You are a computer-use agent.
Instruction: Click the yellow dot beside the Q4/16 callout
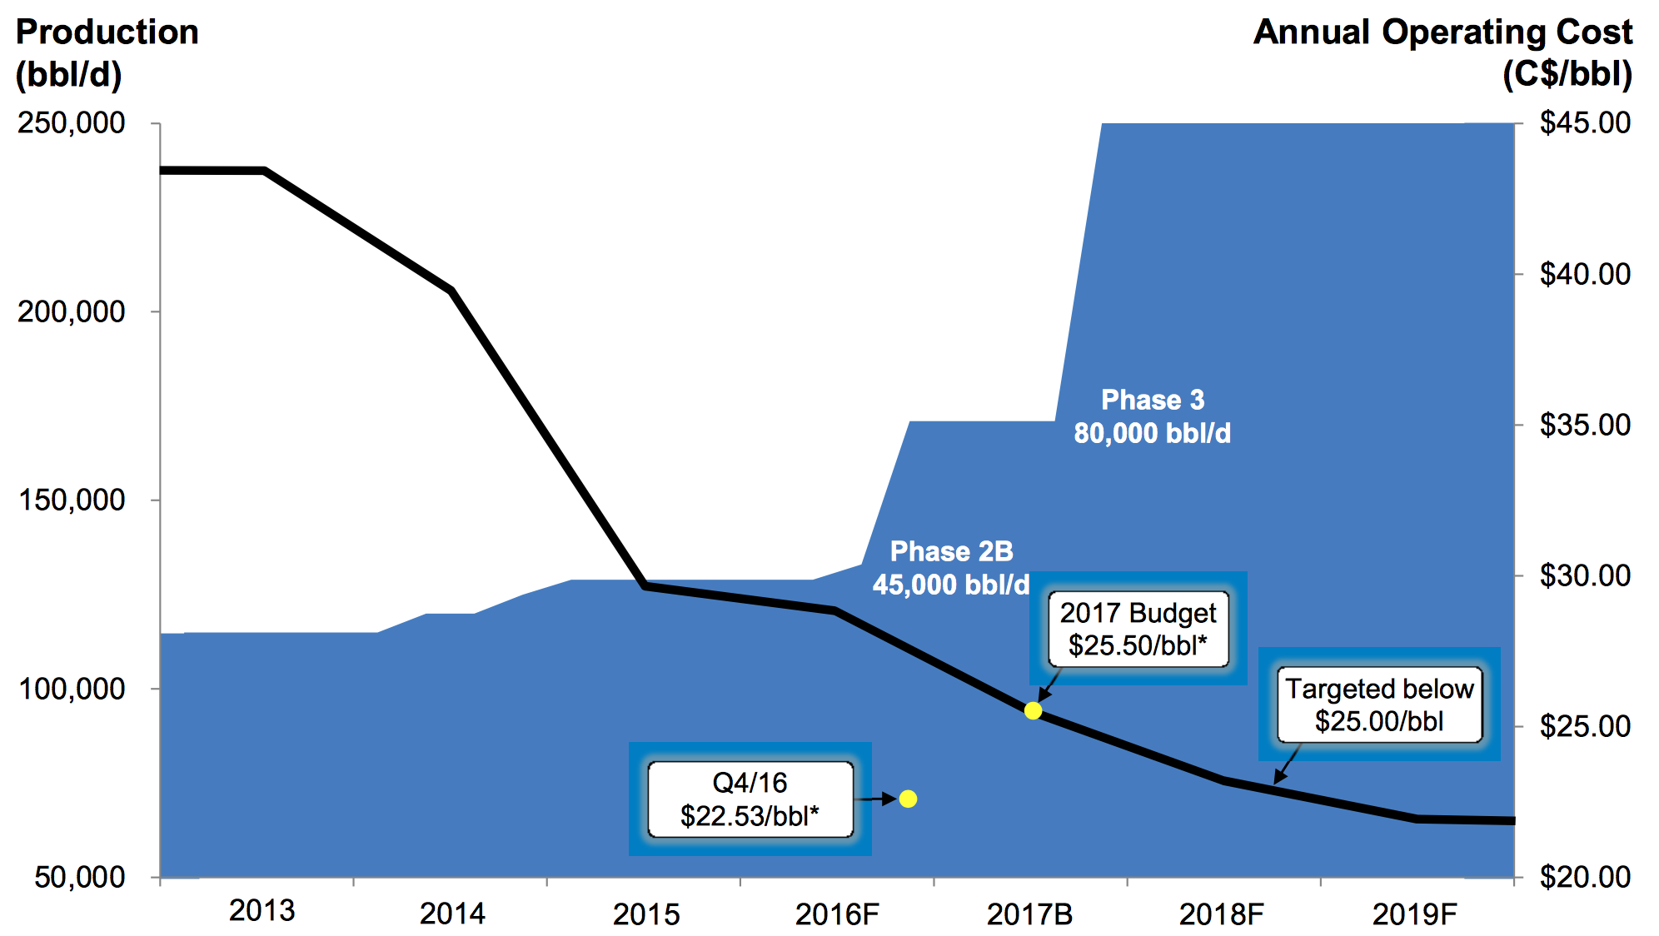tap(908, 799)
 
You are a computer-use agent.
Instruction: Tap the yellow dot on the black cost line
tap(1033, 710)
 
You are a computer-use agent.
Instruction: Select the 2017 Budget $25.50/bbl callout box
tap(1138, 629)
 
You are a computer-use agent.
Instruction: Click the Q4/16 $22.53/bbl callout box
tap(750, 799)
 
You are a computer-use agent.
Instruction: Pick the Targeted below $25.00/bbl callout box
tap(1379, 704)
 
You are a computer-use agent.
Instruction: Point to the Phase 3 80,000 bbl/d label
tap(1153, 416)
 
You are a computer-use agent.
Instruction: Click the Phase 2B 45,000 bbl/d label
tap(951, 568)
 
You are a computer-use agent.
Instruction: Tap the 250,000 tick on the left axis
tap(72, 123)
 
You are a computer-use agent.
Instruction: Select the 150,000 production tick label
tap(72, 500)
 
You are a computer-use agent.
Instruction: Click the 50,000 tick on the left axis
tap(80, 877)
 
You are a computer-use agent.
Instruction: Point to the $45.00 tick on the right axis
tap(1585, 123)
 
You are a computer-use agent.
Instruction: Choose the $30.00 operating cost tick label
tap(1585, 575)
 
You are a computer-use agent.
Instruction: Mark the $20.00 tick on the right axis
tap(1585, 877)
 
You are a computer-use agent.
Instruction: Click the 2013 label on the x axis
tap(262, 911)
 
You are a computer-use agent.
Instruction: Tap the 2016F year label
tap(837, 914)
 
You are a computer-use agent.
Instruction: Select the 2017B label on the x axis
tap(1029, 914)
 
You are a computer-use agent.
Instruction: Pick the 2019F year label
tap(1414, 914)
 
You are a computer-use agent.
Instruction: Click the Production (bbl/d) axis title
tap(107, 53)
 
